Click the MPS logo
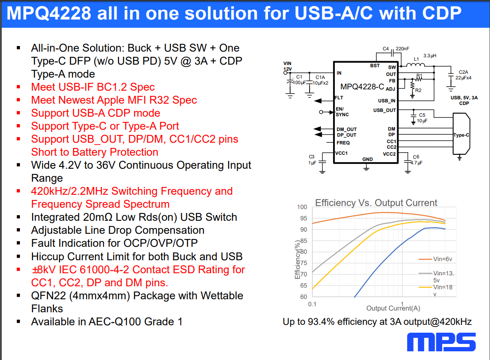[441, 342]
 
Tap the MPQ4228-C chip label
[362, 87]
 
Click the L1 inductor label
[416, 59]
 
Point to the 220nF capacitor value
[402, 49]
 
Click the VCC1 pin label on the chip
[341, 153]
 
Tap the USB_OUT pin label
[384, 110]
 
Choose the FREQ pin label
[343, 143]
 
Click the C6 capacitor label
[416, 157]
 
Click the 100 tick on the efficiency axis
[302, 207]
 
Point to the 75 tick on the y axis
[304, 263]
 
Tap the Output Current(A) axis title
[393, 308]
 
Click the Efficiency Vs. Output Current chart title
[376, 203]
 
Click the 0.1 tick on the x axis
[312, 304]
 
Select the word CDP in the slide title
[441, 13]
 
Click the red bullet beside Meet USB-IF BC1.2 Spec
[19, 87]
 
